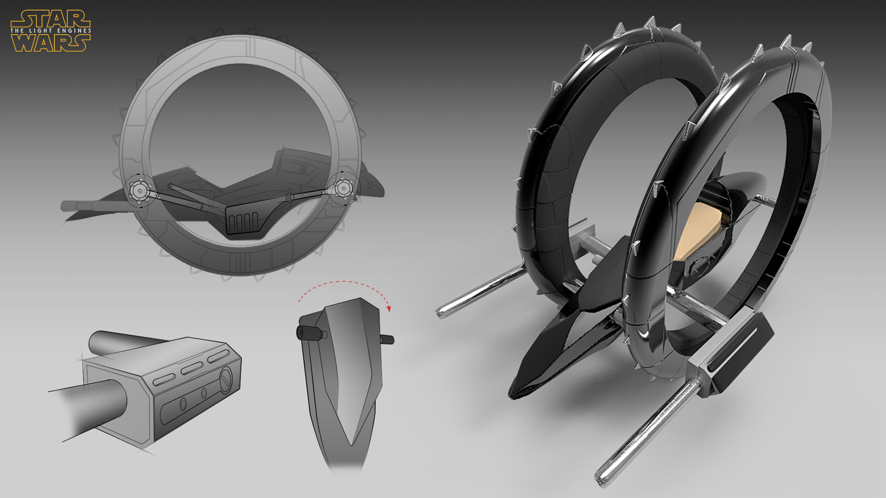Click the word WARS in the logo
point(50,43)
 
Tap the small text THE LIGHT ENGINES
point(50,30)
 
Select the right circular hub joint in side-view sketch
point(343,189)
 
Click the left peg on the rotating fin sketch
point(304,333)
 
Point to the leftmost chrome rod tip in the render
point(442,313)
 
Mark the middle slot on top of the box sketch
point(192,368)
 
